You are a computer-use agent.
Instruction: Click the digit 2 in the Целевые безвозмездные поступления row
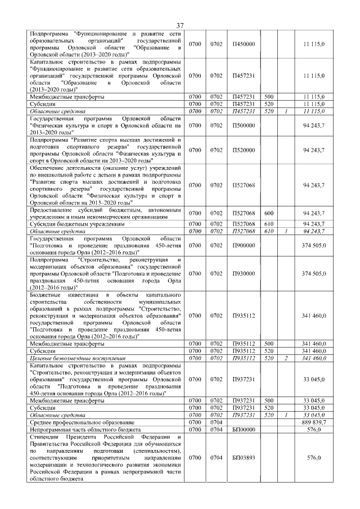[x=286, y=357]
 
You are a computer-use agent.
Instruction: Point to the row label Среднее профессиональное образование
[x=82, y=422]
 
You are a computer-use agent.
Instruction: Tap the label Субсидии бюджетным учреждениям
[x=77, y=223]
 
